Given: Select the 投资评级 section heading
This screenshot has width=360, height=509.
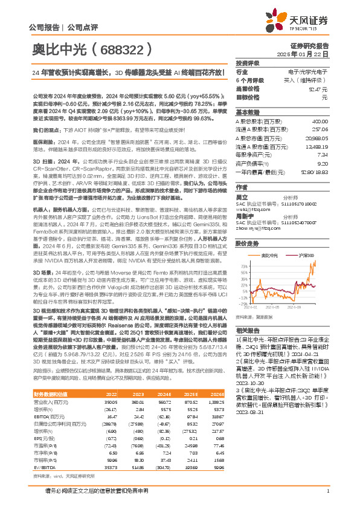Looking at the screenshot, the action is point(248,63).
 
